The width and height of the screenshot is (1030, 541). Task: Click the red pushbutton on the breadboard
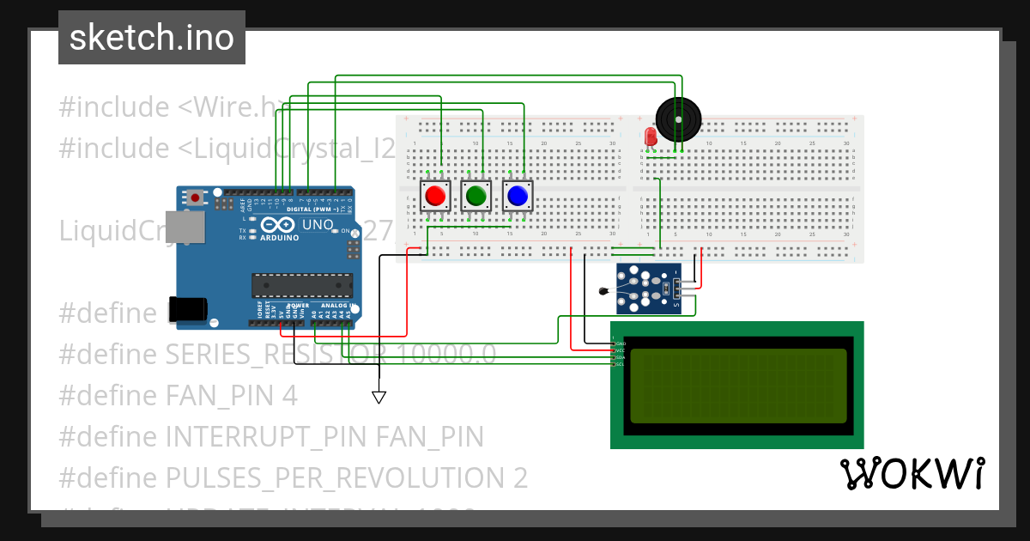coord(435,196)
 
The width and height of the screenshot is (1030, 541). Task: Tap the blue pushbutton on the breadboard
coord(517,196)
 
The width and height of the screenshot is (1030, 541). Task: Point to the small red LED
coord(650,136)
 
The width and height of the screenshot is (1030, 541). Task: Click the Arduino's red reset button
coord(197,198)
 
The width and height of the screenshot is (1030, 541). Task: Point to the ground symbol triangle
coord(379,397)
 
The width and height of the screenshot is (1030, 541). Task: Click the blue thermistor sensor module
coord(650,289)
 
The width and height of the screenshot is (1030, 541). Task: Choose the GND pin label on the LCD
coord(620,343)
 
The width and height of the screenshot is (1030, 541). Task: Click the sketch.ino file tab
coord(152,38)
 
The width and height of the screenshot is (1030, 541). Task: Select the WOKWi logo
coord(912,473)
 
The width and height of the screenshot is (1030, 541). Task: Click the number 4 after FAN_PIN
coord(289,396)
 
